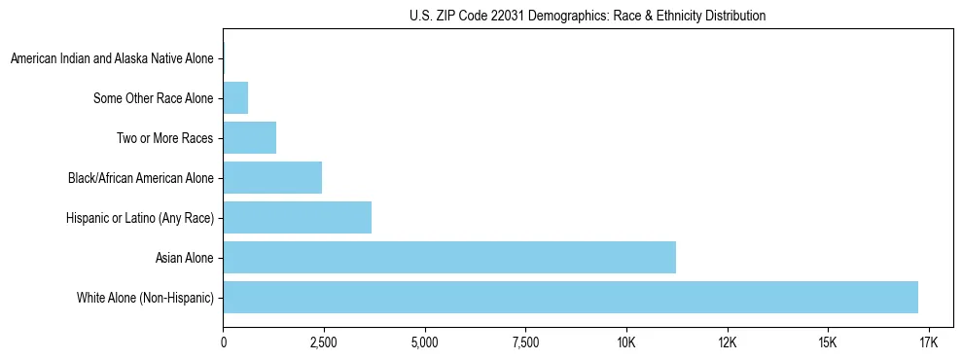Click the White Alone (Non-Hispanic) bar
[x=570, y=297]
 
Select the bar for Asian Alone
[x=449, y=257]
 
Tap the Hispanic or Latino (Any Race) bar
[x=298, y=217]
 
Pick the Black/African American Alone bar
[x=272, y=178]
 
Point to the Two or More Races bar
[x=250, y=138]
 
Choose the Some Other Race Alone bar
[x=235, y=98]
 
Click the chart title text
[x=588, y=16]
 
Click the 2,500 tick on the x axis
[x=323, y=342]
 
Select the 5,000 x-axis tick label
[x=424, y=342]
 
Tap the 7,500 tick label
[x=524, y=342]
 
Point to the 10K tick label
[x=625, y=342]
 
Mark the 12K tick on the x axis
[x=727, y=342]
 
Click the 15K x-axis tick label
[x=827, y=342]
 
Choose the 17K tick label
[x=928, y=342]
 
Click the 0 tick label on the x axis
[x=223, y=342]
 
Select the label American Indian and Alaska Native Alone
[x=112, y=59]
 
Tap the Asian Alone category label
[x=184, y=257]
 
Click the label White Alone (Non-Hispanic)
[x=145, y=297]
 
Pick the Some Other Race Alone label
[x=153, y=98]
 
